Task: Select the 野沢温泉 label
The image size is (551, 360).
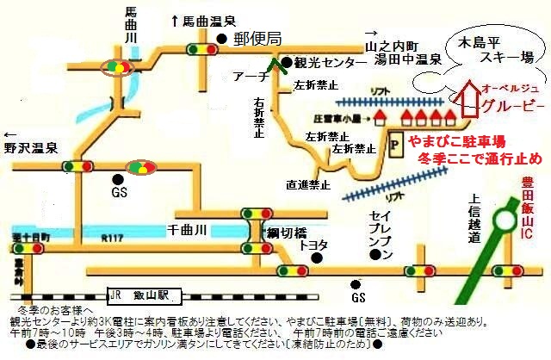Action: tap(30, 147)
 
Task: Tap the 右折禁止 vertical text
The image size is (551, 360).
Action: tap(258, 115)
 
